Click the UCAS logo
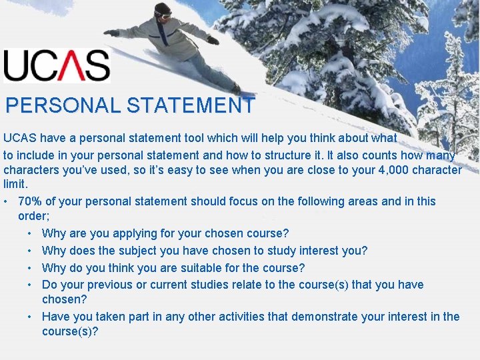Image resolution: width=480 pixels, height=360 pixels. pos(56,66)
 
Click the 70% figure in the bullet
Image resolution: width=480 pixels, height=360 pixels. pos(31,201)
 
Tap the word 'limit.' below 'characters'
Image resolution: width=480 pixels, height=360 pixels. pos(15,185)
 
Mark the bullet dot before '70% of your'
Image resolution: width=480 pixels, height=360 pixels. pos(5,202)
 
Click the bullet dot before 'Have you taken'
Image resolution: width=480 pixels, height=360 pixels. pos(31,317)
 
